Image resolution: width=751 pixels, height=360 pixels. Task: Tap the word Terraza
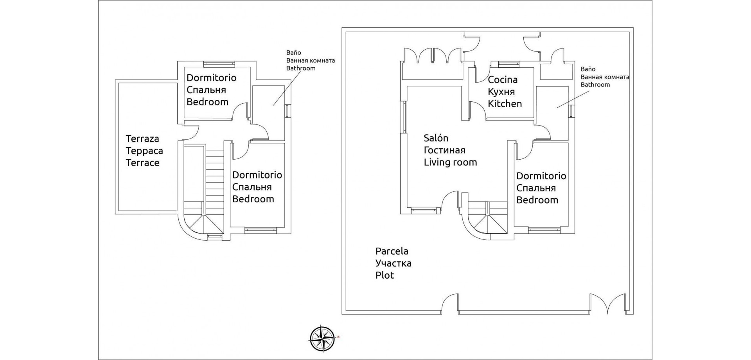pyautogui.click(x=142, y=139)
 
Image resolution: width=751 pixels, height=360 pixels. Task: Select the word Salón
pyautogui.click(x=436, y=138)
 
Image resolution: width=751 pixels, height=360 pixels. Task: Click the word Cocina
pyautogui.click(x=502, y=80)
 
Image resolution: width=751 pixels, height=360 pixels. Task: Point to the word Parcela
pyautogui.click(x=392, y=251)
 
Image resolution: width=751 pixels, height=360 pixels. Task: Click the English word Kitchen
pyautogui.click(x=505, y=104)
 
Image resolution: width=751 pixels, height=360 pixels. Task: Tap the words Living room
pyautogui.click(x=450, y=162)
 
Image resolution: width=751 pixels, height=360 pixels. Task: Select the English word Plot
pyautogui.click(x=384, y=275)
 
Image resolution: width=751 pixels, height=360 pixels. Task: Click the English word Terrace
pyautogui.click(x=142, y=163)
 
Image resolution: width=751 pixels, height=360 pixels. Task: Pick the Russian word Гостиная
pyautogui.click(x=444, y=150)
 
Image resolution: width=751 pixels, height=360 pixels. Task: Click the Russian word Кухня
pyautogui.click(x=501, y=92)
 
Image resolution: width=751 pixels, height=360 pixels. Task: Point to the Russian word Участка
pyautogui.click(x=393, y=263)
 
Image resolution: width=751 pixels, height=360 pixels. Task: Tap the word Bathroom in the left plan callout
pyautogui.click(x=300, y=68)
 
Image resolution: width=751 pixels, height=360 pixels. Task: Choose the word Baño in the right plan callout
pyautogui.click(x=588, y=69)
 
